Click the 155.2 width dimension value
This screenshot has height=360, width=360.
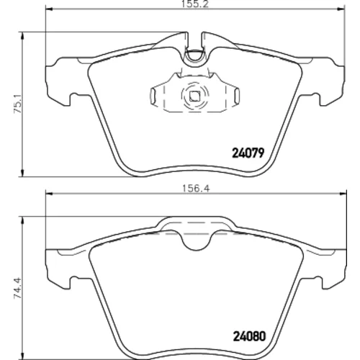(195, 4)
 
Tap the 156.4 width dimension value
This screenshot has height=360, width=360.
(196, 189)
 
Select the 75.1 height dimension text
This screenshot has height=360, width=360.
(18, 104)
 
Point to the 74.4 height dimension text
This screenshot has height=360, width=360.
(18, 288)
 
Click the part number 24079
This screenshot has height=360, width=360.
(248, 153)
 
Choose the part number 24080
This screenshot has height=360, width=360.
(250, 336)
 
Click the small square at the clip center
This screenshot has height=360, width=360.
(194, 96)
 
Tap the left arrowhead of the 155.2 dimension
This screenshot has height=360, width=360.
(49, 9)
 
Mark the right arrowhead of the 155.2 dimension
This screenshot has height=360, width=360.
(341, 9)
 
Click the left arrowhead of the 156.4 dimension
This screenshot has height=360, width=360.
(49, 194)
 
